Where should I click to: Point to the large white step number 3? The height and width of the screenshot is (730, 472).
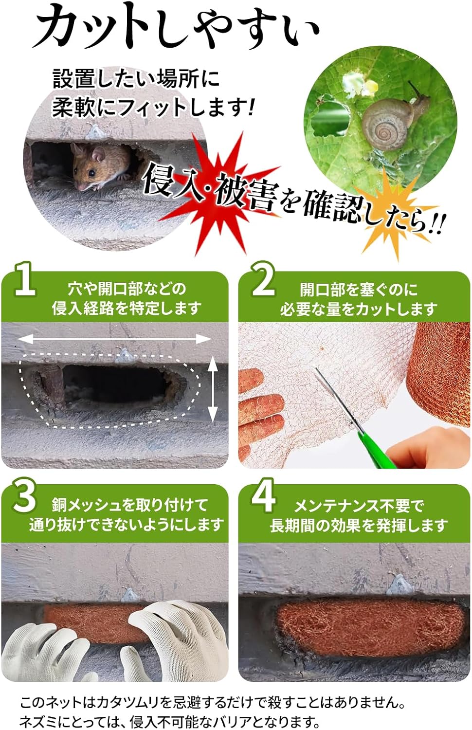(x=24, y=498)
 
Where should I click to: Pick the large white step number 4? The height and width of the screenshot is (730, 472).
(x=264, y=498)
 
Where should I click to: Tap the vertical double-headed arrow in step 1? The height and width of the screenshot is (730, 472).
(x=212, y=389)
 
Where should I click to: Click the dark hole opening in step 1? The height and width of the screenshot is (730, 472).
(x=116, y=384)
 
